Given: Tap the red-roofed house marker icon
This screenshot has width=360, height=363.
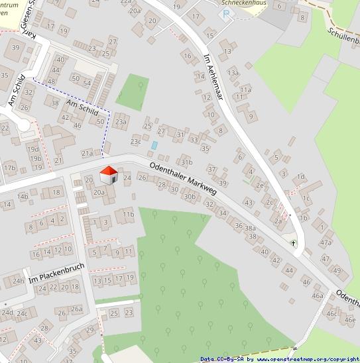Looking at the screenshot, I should (109, 176).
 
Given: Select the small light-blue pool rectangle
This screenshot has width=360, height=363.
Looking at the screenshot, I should (154, 145).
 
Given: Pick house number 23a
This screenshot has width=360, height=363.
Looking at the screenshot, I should (120, 122).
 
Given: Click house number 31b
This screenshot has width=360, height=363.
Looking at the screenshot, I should (186, 162).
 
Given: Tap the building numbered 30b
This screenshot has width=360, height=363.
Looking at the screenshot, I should (191, 197).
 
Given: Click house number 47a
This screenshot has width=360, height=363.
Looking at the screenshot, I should (325, 242).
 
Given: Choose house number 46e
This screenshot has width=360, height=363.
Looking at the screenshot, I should (349, 319).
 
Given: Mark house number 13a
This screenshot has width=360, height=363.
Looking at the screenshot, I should (233, 73).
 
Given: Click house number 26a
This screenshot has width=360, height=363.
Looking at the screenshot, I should (77, 309).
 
